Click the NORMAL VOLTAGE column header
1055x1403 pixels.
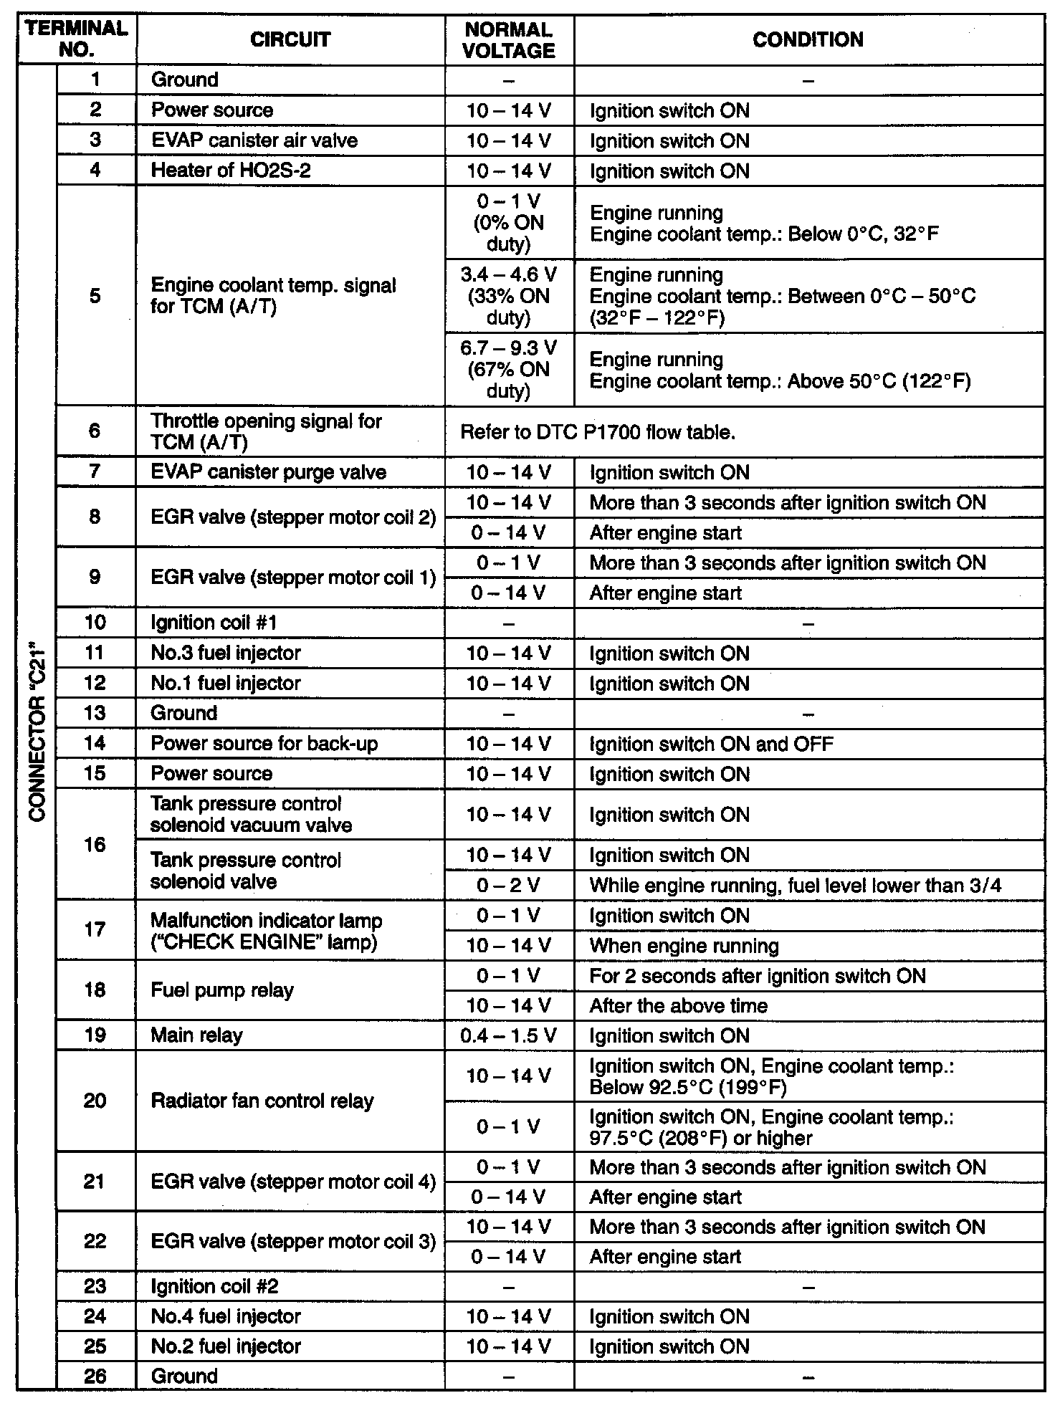(509, 40)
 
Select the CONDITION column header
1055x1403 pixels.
(808, 40)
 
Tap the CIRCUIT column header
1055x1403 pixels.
(290, 40)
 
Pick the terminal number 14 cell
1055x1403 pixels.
(95, 744)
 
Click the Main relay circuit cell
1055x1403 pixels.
(197, 1035)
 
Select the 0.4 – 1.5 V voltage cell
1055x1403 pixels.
(509, 1035)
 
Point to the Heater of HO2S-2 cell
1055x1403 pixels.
(231, 171)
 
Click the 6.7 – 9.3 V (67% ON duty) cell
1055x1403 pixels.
(509, 369)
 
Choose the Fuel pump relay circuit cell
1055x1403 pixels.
(222, 990)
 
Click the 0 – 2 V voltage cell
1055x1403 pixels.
(509, 886)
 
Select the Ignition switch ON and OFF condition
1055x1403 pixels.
(711, 744)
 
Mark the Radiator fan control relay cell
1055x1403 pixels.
(262, 1101)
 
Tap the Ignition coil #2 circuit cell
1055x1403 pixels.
(214, 1286)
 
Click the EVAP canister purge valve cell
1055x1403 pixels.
(268, 472)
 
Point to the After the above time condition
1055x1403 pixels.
(678, 1006)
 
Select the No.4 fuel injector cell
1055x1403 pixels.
(226, 1316)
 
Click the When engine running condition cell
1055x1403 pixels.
(684, 946)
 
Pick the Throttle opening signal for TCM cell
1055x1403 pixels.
(266, 431)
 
